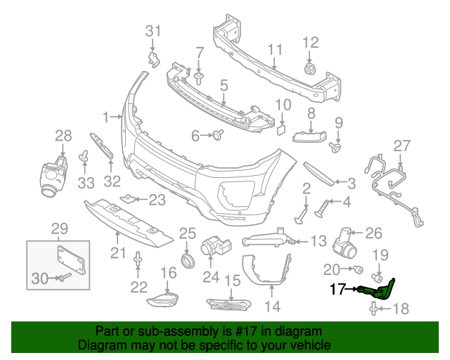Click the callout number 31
tap(153, 30)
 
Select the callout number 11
tap(275, 49)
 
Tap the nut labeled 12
tap(309, 69)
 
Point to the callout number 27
tap(401, 146)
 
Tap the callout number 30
tap(39, 279)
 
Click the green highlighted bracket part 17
tap(379, 288)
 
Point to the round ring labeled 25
tap(187, 263)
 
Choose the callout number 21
tap(117, 252)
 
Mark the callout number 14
tap(272, 306)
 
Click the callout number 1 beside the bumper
tap(105, 116)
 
